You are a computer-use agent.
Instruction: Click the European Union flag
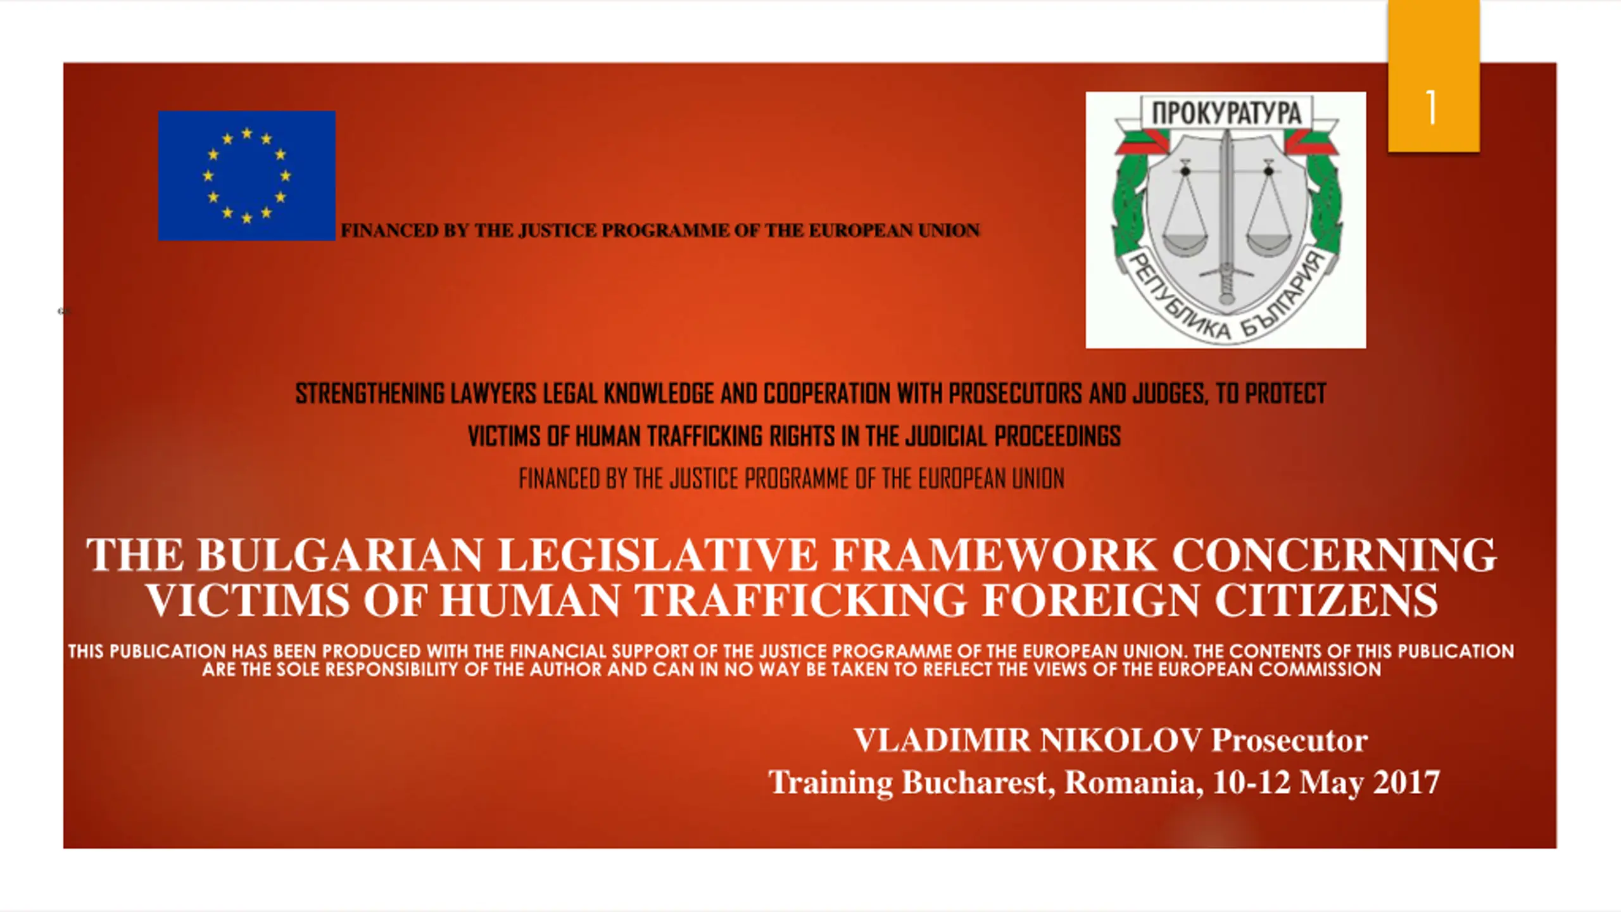247,175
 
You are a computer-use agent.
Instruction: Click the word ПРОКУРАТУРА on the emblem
1227,113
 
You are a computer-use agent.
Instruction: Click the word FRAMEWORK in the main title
993,555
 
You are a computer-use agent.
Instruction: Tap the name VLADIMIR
943,740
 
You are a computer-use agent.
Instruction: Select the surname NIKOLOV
1121,740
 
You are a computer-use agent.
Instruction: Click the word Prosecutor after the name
1289,740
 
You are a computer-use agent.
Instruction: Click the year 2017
1406,782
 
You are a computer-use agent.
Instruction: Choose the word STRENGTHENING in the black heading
370,394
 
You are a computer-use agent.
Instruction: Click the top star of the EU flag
247,133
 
